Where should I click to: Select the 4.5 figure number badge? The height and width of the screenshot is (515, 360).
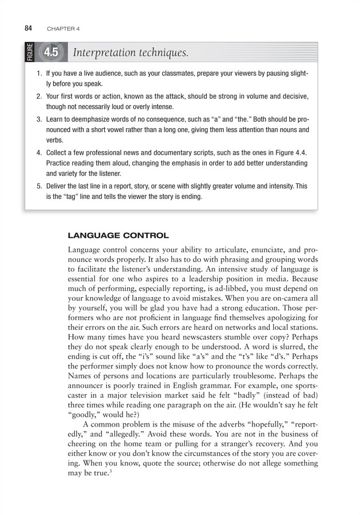click(52, 53)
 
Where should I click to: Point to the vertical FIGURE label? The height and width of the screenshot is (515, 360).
click(30, 53)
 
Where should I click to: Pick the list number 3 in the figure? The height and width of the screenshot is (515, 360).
click(40, 120)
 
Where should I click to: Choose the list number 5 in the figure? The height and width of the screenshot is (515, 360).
click(40, 187)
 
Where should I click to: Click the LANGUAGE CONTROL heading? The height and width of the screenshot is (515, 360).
click(118, 236)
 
